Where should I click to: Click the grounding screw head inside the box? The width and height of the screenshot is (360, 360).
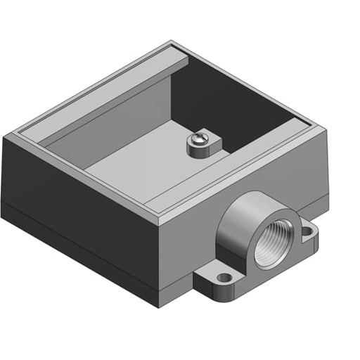tap(199, 139)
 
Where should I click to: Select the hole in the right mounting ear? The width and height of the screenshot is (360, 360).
tap(308, 229)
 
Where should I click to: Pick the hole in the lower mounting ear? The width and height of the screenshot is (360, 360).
tap(224, 278)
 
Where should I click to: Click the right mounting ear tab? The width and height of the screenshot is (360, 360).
tap(307, 232)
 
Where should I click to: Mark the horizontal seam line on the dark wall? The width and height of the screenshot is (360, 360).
tap(77, 231)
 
